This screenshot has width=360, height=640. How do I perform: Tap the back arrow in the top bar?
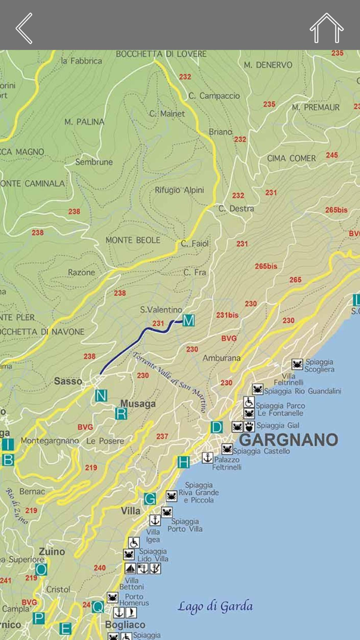(24, 28)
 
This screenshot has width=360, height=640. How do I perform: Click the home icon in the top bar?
(326, 28)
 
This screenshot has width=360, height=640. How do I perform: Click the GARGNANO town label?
(289, 439)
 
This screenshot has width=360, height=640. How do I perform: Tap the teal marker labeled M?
(189, 321)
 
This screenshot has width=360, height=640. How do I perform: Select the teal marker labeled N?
(101, 396)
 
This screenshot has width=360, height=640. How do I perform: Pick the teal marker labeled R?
(121, 414)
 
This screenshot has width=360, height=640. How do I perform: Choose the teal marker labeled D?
(217, 427)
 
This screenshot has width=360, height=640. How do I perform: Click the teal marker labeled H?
(184, 462)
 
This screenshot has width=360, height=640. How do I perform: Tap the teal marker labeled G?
(150, 499)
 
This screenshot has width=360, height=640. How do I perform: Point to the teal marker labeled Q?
(98, 607)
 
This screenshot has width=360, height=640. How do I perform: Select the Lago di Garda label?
(215, 607)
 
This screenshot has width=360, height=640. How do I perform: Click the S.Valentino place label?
(161, 310)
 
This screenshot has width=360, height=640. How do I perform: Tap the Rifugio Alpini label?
(179, 190)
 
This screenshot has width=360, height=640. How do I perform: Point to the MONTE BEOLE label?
(133, 240)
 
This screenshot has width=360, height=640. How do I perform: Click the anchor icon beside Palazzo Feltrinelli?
(207, 457)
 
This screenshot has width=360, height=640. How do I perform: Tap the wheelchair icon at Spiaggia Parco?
(249, 402)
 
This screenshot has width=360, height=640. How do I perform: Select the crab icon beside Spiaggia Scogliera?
(297, 364)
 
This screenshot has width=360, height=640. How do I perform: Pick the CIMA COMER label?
(291, 158)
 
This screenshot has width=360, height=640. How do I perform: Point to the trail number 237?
(162, 436)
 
